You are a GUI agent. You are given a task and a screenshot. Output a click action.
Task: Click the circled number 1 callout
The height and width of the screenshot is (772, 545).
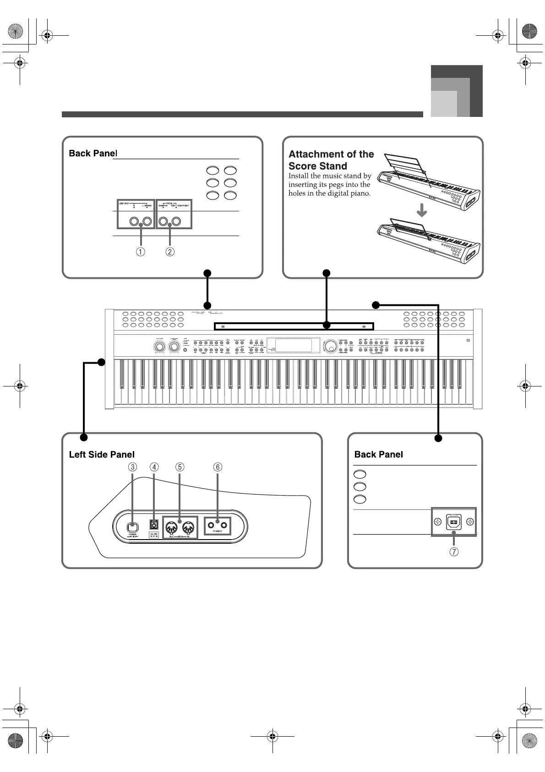pyautogui.click(x=141, y=252)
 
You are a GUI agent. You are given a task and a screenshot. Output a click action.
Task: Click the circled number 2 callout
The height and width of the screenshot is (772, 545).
pyautogui.click(x=170, y=252)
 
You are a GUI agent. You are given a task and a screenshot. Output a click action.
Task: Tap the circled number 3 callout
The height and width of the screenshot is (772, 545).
pyautogui.click(x=132, y=467)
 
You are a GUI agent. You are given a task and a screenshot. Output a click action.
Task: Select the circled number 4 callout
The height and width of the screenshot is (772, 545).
pyautogui.click(x=154, y=467)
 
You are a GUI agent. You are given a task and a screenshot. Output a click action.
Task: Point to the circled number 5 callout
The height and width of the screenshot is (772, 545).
pyautogui.click(x=180, y=467)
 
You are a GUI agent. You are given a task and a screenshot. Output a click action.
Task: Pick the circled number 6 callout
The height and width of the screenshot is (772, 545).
pyautogui.click(x=218, y=467)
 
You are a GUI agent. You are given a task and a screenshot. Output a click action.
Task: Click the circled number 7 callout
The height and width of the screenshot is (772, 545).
pyautogui.click(x=454, y=551)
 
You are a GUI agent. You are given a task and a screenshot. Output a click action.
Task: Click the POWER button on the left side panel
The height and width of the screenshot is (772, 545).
pyautogui.click(x=132, y=526)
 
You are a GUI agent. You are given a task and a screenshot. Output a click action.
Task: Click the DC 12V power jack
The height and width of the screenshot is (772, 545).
pyautogui.click(x=154, y=524)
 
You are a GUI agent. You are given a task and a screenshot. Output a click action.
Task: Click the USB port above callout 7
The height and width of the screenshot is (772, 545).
pyautogui.click(x=453, y=522)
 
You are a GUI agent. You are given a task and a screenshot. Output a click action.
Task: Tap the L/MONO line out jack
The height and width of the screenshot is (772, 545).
pyautogui.click(x=147, y=222)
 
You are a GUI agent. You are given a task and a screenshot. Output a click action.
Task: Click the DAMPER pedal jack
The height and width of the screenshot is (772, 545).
pyautogui.click(x=163, y=222)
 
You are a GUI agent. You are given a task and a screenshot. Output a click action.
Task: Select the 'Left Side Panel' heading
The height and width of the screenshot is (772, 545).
pyautogui.click(x=102, y=454)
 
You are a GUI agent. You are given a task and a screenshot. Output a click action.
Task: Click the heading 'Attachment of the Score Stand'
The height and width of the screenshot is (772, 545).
pyautogui.click(x=331, y=160)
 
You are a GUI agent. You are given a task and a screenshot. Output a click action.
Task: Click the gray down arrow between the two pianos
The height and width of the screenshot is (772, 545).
pyautogui.click(x=422, y=211)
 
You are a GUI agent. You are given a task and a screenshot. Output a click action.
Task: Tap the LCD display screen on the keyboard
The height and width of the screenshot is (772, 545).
pyautogui.click(x=294, y=346)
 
